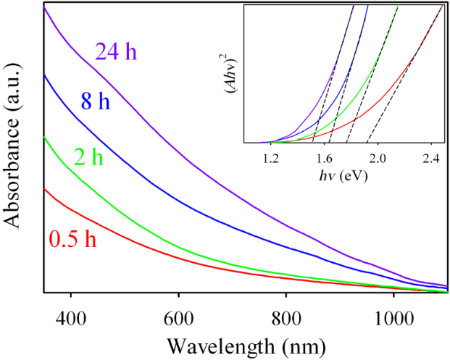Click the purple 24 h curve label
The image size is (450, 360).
[x=116, y=53]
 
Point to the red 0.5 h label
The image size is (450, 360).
[x=74, y=238]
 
